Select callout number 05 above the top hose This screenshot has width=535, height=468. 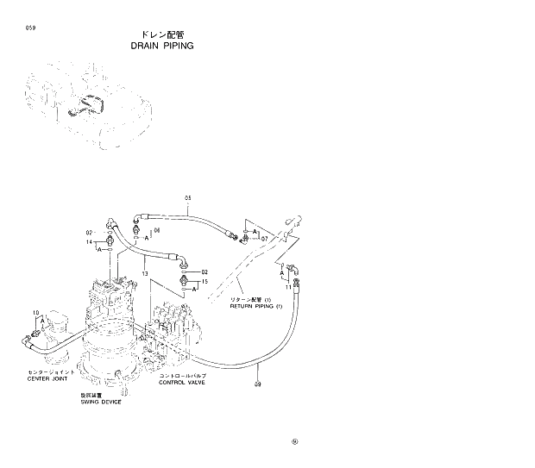point(187,198)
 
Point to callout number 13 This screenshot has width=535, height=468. point(146,273)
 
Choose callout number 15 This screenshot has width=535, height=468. point(205,281)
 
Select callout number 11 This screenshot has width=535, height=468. point(288,285)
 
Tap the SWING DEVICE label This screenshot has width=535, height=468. point(101,402)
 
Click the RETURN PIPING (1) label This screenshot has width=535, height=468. point(255,307)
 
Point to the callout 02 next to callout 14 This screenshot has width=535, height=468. point(89,233)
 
